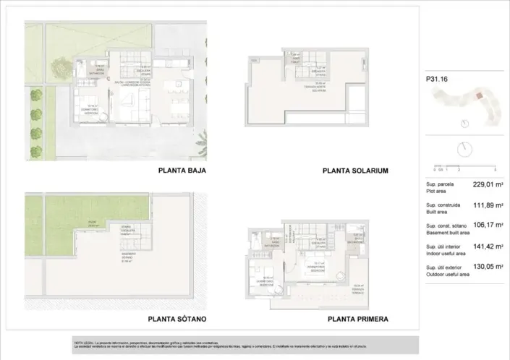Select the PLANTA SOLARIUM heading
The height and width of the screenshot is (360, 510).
pos(355,171)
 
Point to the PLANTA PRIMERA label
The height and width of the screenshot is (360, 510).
pos(358,318)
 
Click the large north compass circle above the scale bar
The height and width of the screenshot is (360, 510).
pos(464,149)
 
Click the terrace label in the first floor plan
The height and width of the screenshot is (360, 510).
pos(357,287)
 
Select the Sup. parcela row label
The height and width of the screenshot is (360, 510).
pos(438,185)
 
